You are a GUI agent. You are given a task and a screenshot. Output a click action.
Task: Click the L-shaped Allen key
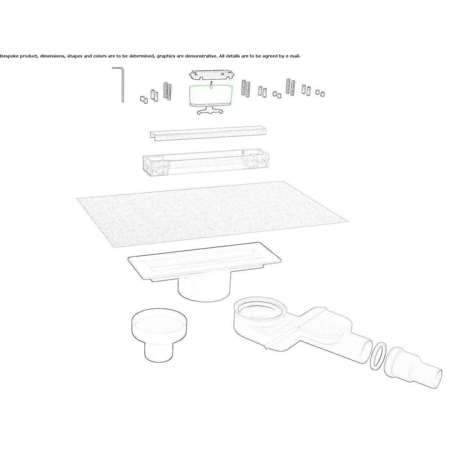(x=122, y=86)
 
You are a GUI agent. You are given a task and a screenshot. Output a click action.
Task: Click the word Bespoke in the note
(x=9, y=56)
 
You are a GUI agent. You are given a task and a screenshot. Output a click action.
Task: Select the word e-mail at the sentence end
(x=293, y=56)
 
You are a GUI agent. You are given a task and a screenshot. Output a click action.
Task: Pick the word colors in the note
(x=100, y=56)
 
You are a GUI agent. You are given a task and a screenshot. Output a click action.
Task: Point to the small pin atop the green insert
(x=211, y=85)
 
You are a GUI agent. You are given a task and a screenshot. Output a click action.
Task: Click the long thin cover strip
(x=208, y=133)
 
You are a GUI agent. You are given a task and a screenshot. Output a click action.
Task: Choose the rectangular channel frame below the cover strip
(x=206, y=162)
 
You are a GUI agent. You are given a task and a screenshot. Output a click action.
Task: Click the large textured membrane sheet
(x=212, y=213)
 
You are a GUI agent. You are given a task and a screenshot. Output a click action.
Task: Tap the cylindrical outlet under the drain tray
(x=204, y=289)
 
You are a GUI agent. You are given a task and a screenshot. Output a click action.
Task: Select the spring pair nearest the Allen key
(x=167, y=91)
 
